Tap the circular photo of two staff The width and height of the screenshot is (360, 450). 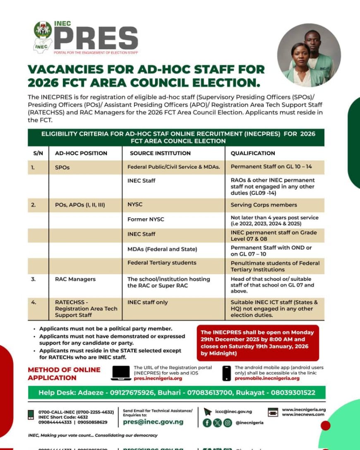[309, 55]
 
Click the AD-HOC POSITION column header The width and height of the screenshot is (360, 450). [81, 153]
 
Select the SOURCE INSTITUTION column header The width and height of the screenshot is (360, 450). [160, 153]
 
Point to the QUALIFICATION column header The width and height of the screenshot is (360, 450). [253, 153]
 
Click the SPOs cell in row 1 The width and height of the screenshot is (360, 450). [62, 168]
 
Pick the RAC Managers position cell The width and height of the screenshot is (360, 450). [75, 279]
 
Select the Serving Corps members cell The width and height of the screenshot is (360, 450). [264, 205]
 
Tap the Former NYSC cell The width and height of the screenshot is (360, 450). [146, 219]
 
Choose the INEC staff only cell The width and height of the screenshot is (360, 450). [148, 302]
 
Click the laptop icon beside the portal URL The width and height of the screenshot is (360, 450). [121, 373]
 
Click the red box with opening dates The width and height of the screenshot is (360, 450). [258, 343]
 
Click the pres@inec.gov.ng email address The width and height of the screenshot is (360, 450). [153, 422]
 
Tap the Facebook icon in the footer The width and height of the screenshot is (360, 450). [206, 423]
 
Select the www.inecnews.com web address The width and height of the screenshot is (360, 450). [303, 414]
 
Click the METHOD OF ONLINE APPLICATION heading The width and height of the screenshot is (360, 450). [64, 373]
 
